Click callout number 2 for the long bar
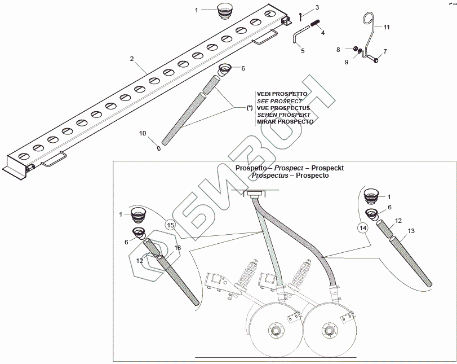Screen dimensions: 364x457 click(x=131, y=59)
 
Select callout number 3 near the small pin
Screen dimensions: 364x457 click(x=317, y=7)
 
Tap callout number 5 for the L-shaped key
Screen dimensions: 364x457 click(x=303, y=51)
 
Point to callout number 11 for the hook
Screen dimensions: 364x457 click(x=387, y=27)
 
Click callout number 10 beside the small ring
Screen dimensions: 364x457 click(x=143, y=133)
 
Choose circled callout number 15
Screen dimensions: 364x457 click(x=171, y=224)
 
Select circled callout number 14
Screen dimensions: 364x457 click(x=363, y=227)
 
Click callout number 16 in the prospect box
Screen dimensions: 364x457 click(x=177, y=247)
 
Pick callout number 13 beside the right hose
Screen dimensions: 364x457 click(x=411, y=231)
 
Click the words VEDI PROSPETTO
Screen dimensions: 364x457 click(x=282, y=94)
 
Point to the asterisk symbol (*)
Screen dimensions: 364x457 click(x=250, y=107)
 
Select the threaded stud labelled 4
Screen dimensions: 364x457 click(x=313, y=25)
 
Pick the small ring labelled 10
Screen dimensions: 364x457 click(x=159, y=149)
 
